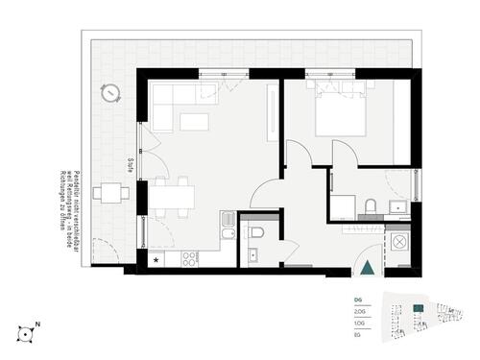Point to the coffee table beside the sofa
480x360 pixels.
[195, 121]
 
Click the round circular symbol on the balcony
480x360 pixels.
[111, 92]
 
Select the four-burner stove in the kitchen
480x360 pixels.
[189, 257]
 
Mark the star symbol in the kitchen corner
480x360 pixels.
[156, 259]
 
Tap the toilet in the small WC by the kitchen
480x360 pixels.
[253, 231]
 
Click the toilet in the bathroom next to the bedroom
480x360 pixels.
[370, 206]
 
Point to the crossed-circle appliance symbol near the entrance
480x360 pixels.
[397, 242]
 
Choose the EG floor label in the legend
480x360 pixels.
[359, 336]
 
